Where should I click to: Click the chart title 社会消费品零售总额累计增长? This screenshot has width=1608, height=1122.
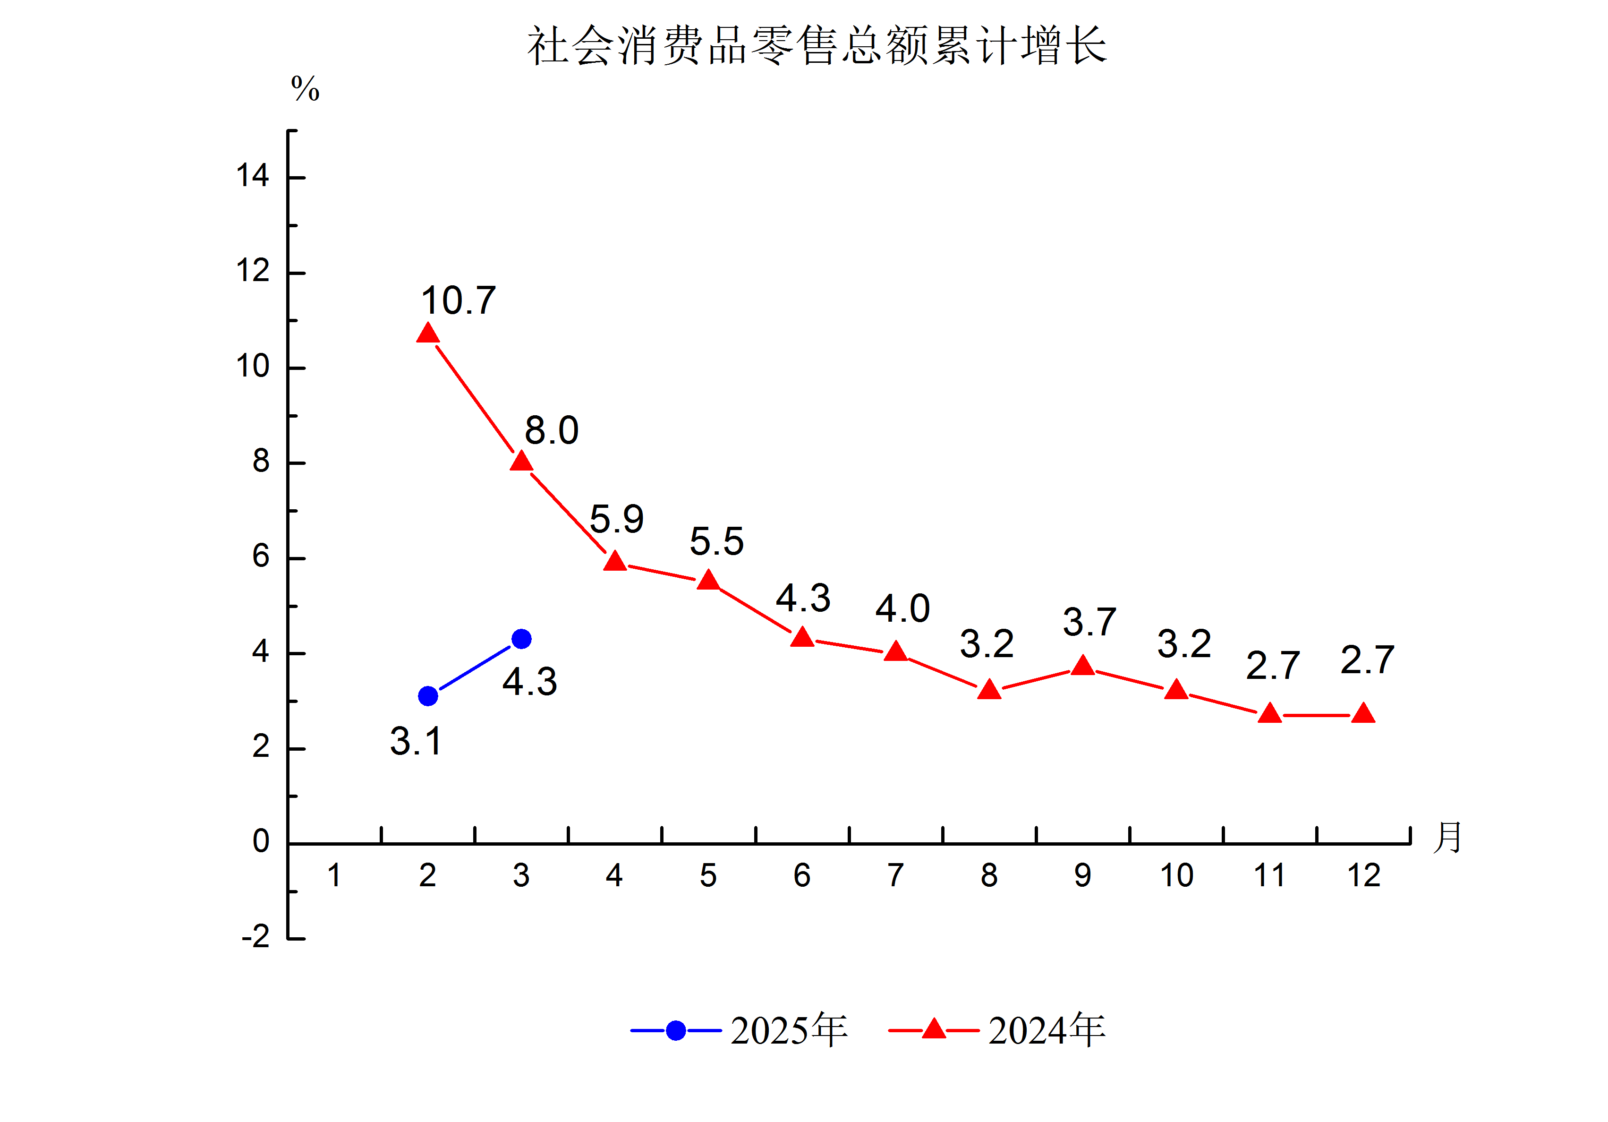point(817,46)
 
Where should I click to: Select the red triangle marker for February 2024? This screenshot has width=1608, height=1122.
point(427,334)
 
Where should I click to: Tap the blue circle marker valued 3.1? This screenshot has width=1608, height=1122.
point(427,696)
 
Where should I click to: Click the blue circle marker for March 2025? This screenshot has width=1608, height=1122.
point(521,638)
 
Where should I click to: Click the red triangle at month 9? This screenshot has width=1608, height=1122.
point(1083,666)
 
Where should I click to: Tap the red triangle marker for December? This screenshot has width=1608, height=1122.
point(1363,714)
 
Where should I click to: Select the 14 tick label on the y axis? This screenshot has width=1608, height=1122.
point(252,176)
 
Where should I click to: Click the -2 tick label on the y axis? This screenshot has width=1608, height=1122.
point(255,937)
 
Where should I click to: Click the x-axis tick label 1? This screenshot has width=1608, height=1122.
point(334,875)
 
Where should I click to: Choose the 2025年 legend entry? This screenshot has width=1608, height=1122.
point(740,1030)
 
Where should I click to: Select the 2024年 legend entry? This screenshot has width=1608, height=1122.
point(997,1030)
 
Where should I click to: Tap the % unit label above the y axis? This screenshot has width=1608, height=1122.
point(306,89)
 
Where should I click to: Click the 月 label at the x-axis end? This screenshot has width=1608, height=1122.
point(1447,838)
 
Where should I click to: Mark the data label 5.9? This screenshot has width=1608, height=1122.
point(616,519)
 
